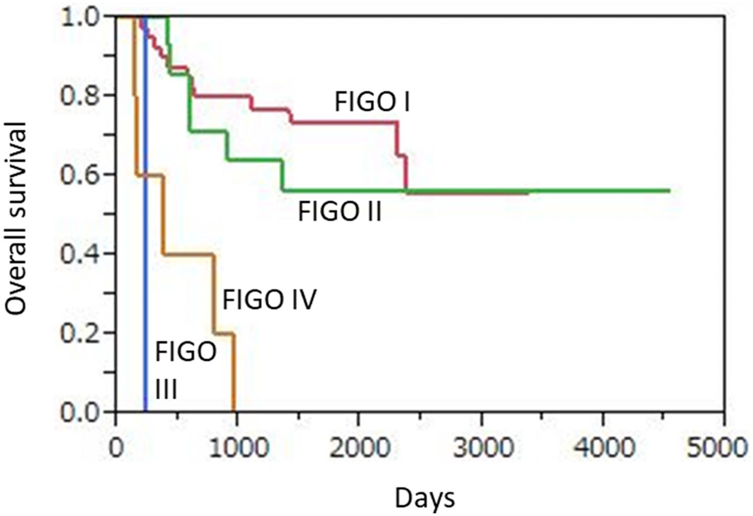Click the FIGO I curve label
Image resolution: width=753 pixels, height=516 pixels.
click(x=372, y=102)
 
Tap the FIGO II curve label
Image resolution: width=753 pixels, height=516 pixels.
click(x=339, y=212)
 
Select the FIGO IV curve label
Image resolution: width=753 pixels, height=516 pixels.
click(x=269, y=301)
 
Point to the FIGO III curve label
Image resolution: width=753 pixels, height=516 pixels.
click(x=185, y=370)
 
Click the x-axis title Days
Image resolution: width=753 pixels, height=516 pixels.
click(x=425, y=498)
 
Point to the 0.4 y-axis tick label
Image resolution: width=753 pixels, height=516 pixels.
click(x=81, y=254)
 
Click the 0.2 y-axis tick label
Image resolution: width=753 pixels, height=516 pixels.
click(x=81, y=333)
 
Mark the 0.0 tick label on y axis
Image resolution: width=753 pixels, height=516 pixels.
click(x=81, y=412)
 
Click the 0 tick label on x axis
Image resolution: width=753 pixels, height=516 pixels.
click(x=116, y=449)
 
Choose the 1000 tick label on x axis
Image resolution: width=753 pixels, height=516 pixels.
click(x=237, y=449)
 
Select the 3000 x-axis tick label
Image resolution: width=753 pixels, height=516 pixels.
click(x=481, y=449)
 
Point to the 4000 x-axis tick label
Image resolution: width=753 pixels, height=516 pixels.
click(x=602, y=449)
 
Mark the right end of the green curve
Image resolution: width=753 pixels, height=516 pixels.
click(x=669, y=190)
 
